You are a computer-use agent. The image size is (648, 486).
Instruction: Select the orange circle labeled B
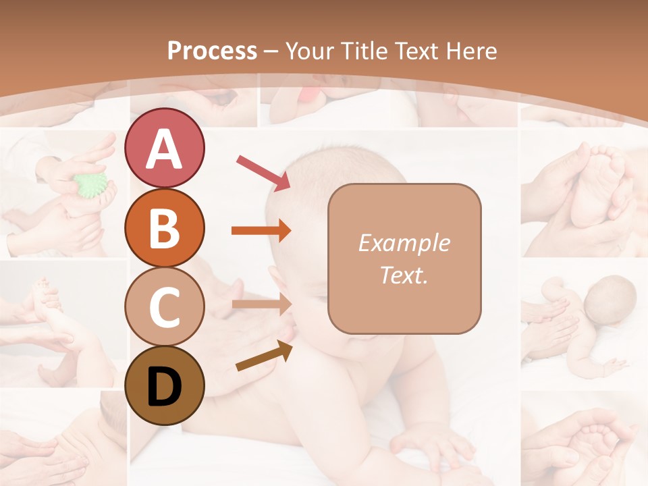164,228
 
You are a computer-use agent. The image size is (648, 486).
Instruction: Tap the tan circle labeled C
164,307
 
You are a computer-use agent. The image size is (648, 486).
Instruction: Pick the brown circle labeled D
164,385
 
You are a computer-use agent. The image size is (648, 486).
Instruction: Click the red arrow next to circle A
263,171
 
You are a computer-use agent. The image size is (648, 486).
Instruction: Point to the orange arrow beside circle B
261,230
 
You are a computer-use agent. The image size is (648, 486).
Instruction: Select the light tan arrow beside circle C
261,304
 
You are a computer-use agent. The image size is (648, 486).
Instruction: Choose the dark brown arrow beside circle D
264,356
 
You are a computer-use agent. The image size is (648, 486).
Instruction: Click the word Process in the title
212,51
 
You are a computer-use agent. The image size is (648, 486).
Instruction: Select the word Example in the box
404,243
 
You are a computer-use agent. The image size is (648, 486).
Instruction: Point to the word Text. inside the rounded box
404,275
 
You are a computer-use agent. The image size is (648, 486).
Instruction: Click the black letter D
164,387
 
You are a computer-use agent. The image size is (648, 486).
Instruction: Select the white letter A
164,148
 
